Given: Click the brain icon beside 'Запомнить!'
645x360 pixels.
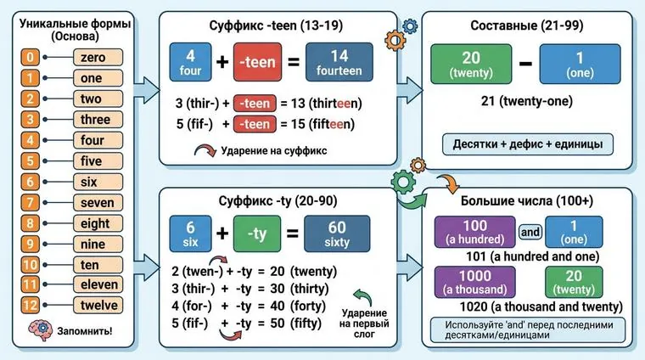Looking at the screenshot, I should coord(40,329).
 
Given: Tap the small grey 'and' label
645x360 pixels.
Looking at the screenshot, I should coord(530,231).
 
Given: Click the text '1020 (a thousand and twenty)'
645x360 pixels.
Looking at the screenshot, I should coord(541,307).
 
